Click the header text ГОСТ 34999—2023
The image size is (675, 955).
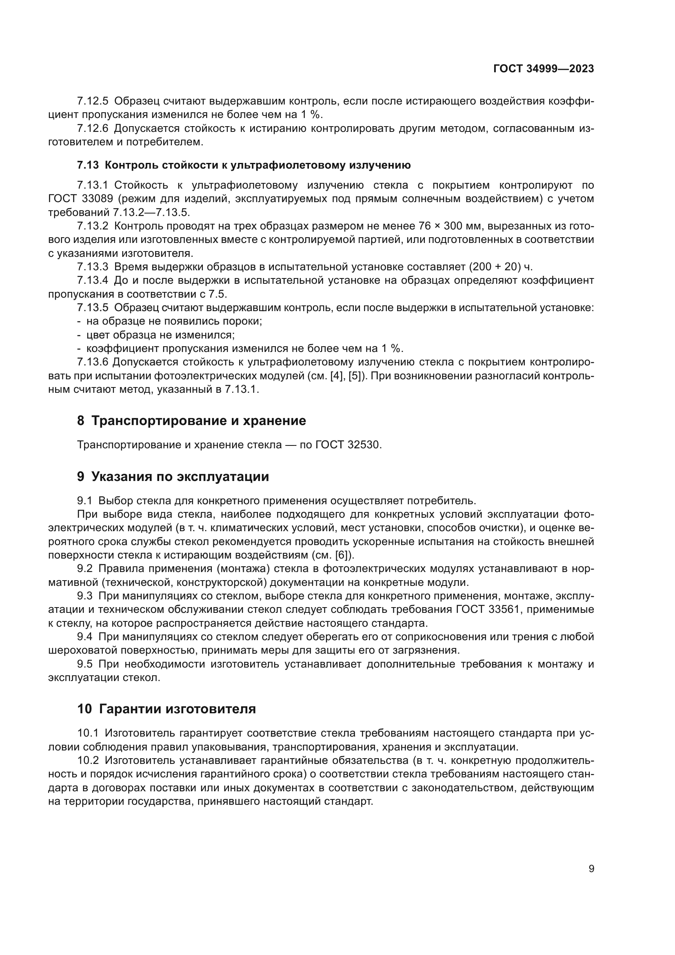543,69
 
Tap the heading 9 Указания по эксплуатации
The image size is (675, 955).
173,476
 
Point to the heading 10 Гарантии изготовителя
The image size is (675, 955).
166,708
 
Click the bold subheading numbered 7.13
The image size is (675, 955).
244,165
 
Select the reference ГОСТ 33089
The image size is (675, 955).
78,199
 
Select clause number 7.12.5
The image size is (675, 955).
92,101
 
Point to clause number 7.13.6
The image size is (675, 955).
92,362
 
